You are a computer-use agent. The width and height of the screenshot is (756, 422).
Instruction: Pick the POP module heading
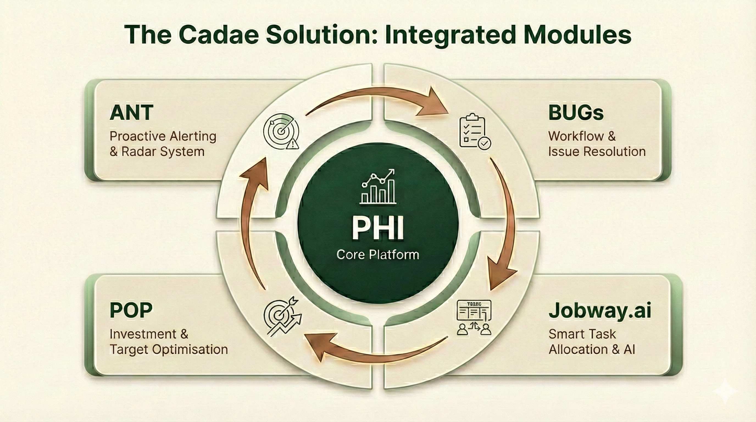coord(131,310)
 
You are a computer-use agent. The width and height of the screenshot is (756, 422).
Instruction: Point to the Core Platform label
coord(378,254)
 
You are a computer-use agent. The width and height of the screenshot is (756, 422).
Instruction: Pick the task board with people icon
coord(474,318)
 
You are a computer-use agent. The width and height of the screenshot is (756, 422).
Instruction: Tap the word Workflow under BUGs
coord(576,136)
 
